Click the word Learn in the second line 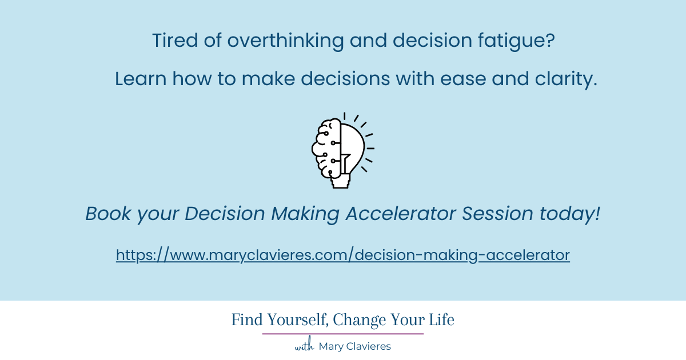141,80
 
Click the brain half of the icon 326,147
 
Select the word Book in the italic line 106,214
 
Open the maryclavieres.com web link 343,255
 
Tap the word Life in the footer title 441,320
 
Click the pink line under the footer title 343,334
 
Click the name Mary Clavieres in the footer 354,346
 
